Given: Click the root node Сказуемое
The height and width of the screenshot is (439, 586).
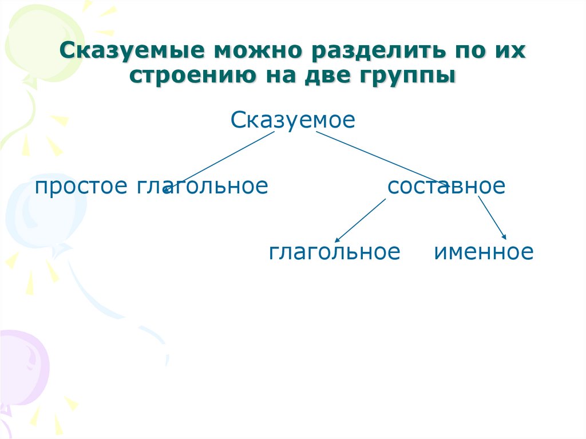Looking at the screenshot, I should [x=293, y=120].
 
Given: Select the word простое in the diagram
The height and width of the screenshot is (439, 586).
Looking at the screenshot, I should [x=81, y=187].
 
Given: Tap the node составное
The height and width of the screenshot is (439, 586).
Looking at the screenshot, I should [x=446, y=187].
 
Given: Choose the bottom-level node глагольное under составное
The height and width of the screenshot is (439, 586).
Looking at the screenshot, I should [x=334, y=252].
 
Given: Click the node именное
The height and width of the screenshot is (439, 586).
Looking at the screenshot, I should [x=484, y=252].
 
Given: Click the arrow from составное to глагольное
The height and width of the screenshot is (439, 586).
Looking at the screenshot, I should [x=361, y=219].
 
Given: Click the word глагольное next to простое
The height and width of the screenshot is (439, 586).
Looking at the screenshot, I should [x=202, y=187].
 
